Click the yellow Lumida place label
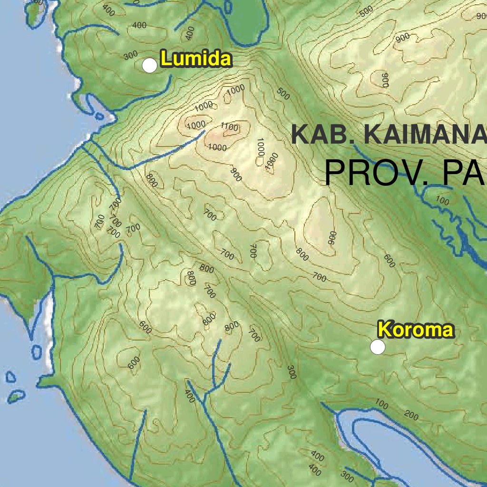tap(196, 59)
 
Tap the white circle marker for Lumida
tap(150, 66)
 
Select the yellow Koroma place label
tap(416, 330)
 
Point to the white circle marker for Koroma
tap(378, 347)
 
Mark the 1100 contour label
tap(230, 127)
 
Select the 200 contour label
tap(412, 416)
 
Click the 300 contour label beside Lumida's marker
tap(130, 56)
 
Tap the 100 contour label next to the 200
tap(382, 405)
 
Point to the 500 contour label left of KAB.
tap(283, 94)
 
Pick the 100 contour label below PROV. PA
tap(442, 201)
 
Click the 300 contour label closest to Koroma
tap(292, 373)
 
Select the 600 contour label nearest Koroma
tap(390, 261)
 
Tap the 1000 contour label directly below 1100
tap(218, 147)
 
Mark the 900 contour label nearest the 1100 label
tap(236, 175)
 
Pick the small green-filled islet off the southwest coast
tap(17, 396)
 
